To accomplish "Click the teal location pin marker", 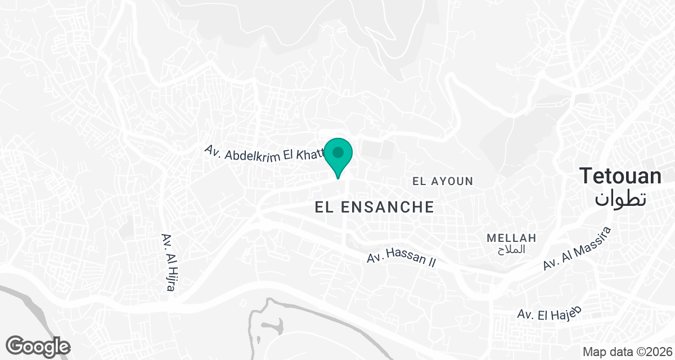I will point(338,157).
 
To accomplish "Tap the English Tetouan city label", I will point(621,176).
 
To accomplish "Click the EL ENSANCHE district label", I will point(375,207).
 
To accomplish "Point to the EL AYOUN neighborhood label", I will point(443,181).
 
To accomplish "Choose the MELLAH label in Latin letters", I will point(511,238).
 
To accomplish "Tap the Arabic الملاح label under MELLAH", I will point(512,249).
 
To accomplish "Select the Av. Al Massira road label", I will point(577,248).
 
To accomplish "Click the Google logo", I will point(38,346).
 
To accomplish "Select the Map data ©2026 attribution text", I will point(627,352).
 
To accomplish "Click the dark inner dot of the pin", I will point(338,152).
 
